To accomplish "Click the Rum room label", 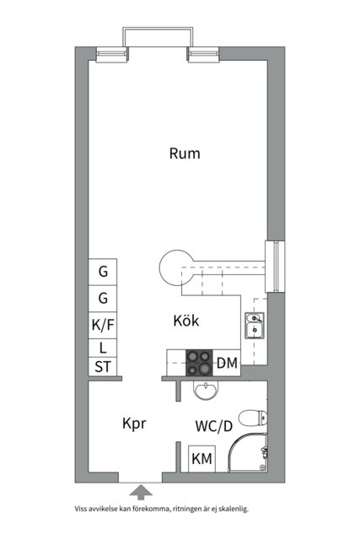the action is [x=185, y=154].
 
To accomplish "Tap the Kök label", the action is [x=185, y=321].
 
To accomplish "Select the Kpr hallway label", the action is [x=134, y=424].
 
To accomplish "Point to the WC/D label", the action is [x=214, y=426].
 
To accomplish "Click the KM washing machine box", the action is [x=201, y=459].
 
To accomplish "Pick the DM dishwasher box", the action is [x=227, y=363].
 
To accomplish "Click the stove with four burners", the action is [x=199, y=363].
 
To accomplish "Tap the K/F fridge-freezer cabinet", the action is [x=103, y=326].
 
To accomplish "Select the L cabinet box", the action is [x=103, y=348].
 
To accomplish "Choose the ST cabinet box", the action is [x=103, y=367].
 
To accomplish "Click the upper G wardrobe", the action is [x=103, y=272].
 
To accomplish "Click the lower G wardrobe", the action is [x=103, y=299].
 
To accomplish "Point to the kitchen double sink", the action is [x=255, y=326].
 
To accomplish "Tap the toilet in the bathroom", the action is [x=253, y=418].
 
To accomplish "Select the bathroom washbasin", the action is [x=206, y=391].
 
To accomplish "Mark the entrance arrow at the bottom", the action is [x=141, y=492].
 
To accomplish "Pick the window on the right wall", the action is [x=275, y=266].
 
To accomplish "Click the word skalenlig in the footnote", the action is [x=233, y=509].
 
